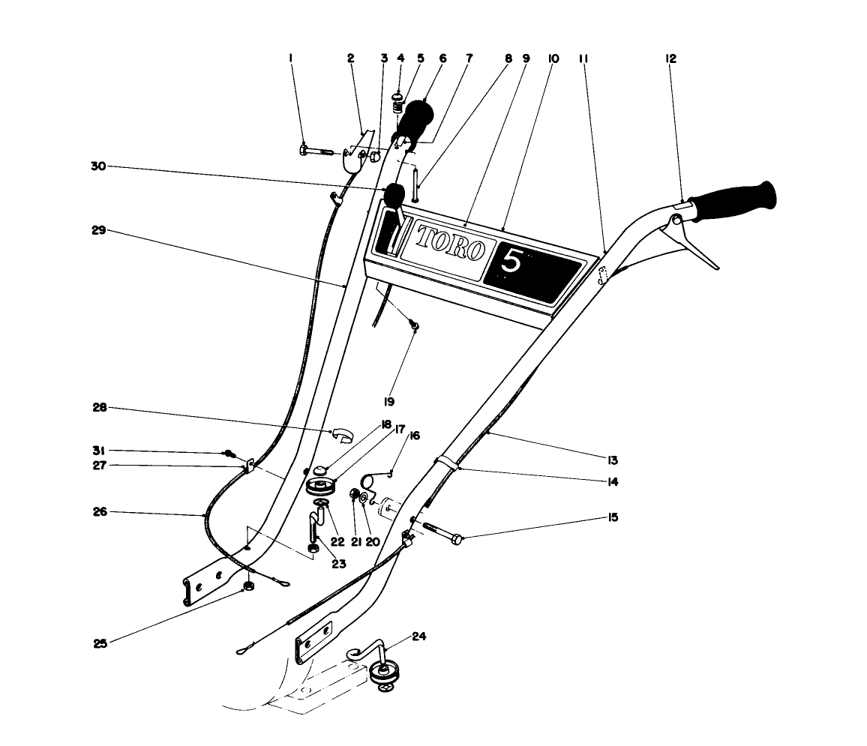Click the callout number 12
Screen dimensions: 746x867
670,58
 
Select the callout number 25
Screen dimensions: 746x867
100,643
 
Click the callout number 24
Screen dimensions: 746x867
418,637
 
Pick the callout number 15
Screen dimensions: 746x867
613,517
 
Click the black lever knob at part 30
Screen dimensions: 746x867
393,195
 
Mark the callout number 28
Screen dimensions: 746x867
98,408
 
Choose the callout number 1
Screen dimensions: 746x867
292,58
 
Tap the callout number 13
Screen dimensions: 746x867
613,460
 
